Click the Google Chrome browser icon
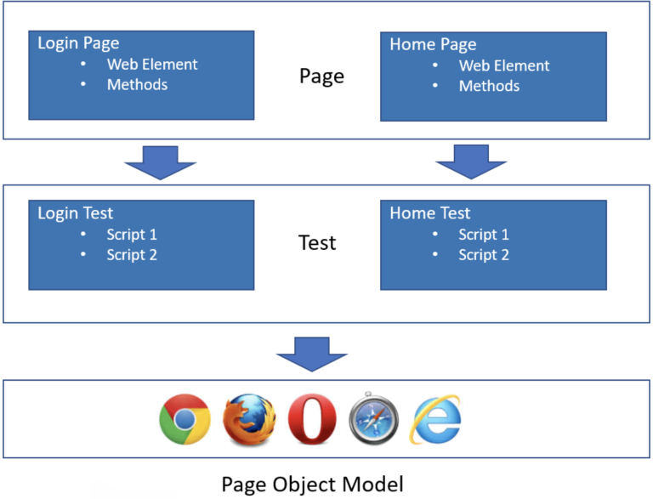click(185, 420)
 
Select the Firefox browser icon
click(249, 420)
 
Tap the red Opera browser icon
click(311, 420)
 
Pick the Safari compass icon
click(373, 420)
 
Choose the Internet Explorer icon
click(436, 419)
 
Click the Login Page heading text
click(78, 43)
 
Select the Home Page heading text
click(433, 44)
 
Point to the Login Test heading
click(75, 213)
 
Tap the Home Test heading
click(429, 213)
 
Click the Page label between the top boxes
click(321, 77)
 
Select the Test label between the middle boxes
click(317, 243)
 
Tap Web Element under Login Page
click(152, 65)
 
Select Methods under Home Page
click(489, 86)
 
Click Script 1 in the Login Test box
click(132, 235)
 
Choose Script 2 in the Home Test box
click(484, 255)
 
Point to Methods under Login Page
click(137, 85)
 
